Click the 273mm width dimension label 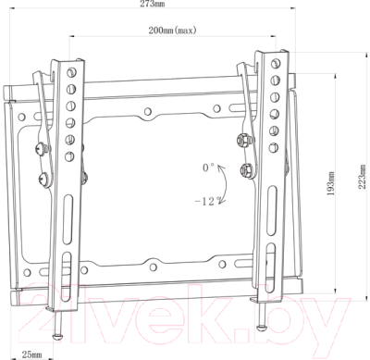[153, 4]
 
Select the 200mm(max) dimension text [172, 31]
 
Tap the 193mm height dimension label [330, 183]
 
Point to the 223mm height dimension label [364, 177]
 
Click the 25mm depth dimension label [31, 354]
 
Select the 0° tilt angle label [208, 168]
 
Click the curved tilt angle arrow [226, 184]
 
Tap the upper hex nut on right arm [242, 140]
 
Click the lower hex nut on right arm [246, 170]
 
